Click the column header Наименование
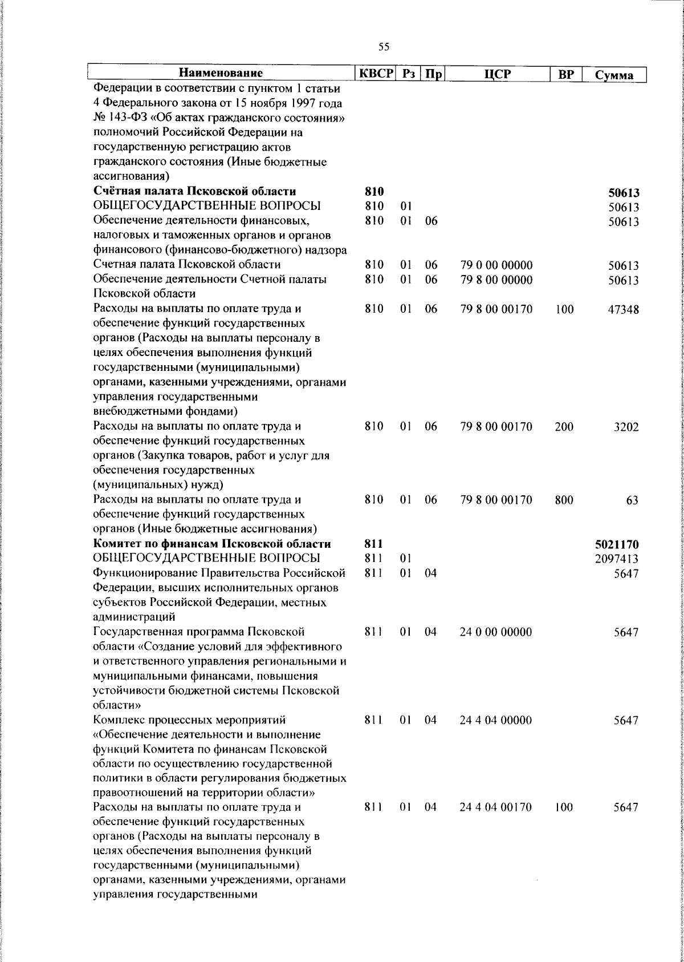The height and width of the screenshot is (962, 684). click(221, 74)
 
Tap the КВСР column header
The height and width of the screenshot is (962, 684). click(374, 74)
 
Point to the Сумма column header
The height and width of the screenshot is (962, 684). click(614, 75)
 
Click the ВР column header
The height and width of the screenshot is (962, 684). click(565, 74)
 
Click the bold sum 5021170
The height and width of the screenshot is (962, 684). click(617, 544)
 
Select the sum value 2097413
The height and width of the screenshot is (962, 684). click(617, 559)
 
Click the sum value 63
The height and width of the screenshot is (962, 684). click(632, 500)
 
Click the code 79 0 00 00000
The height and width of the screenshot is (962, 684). click(496, 265)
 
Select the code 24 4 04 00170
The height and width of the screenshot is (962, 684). click(496, 807)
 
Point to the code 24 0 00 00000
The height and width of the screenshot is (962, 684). click(496, 632)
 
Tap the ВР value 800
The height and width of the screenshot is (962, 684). click(564, 500)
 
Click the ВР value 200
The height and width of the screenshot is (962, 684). click(564, 427)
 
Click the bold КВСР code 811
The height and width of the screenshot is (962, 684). click(373, 544)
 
